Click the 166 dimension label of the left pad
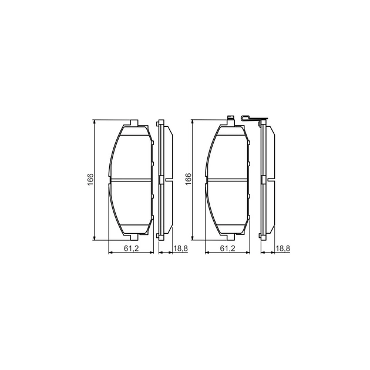(90, 180)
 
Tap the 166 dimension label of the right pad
(189, 179)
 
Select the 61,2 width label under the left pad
(132, 248)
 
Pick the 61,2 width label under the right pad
(227, 248)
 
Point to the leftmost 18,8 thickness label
(180, 248)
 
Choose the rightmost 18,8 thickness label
(282, 248)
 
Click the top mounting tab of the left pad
(134, 123)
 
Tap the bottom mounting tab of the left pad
(134, 237)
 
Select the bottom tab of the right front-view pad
(231, 237)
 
